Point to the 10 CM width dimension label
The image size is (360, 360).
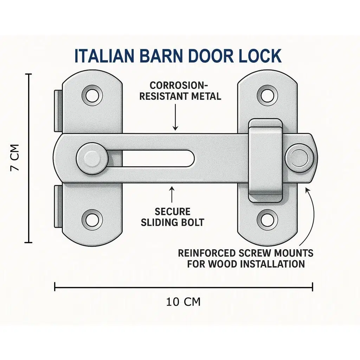pos(183,302)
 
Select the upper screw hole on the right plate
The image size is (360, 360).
pos(268,95)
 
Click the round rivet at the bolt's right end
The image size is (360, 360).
pos(298,158)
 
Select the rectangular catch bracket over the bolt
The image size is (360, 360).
pos(265,160)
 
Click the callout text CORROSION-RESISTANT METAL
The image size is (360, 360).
pos(180,91)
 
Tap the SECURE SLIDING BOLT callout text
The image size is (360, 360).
pos(172,217)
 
